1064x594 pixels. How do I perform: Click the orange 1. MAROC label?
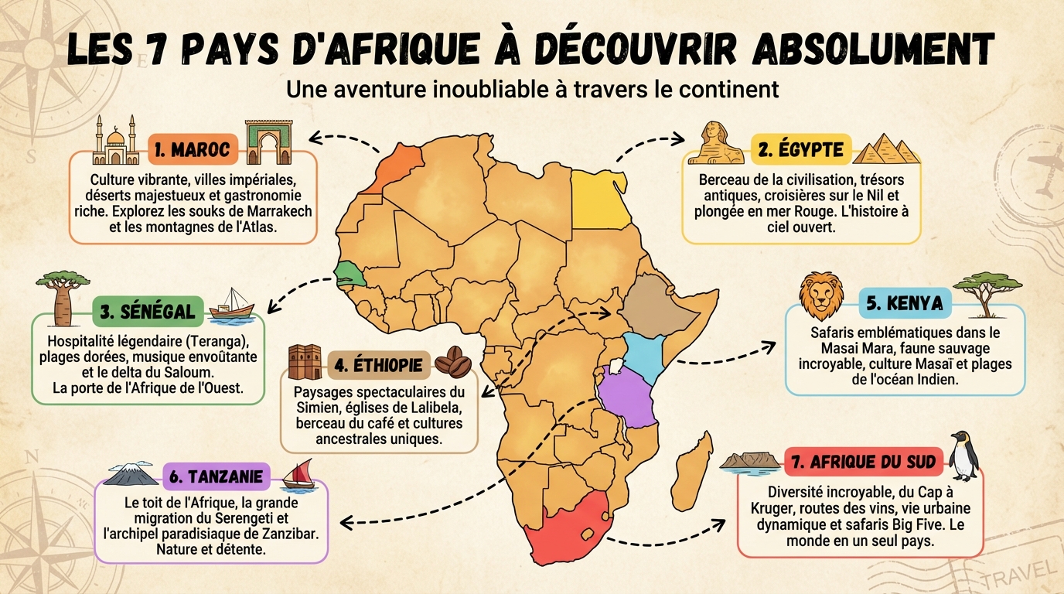(x=191, y=149)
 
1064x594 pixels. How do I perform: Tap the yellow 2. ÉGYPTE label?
(x=800, y=149)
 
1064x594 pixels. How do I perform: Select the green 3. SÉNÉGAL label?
(x=147, y=312)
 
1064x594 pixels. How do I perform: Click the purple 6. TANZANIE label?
(x=216, y=476)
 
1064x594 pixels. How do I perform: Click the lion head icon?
(x=821, y=295)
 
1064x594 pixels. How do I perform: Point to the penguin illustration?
(x=963, y=456)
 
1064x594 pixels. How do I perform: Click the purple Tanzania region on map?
(x=627, y=395)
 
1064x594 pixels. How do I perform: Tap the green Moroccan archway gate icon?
(x=271, y=142)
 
